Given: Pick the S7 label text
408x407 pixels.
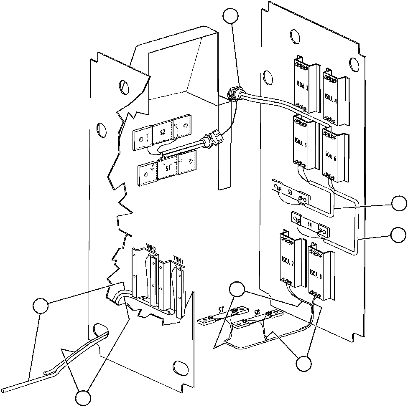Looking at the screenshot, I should pos(221,309).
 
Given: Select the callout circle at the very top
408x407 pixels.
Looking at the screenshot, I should pos(231,16).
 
